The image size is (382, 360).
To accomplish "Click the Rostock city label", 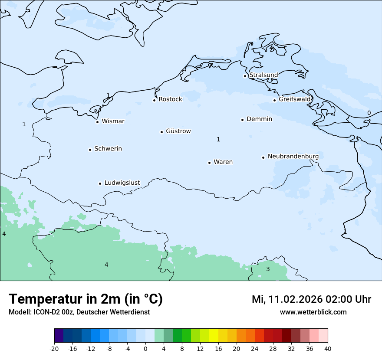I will click(170, 99).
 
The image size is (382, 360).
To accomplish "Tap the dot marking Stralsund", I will click(245, 76).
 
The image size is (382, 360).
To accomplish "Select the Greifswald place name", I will click(295, 99).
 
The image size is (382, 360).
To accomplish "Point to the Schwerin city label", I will click(108, 149).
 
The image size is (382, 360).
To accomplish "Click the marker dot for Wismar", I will click(97, 122).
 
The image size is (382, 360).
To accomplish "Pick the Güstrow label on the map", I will click(178, 131).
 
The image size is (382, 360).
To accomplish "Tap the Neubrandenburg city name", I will click(293, 156).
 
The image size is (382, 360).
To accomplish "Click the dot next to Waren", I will click(209, 163).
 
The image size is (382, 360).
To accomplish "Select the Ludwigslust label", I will click(122, 183).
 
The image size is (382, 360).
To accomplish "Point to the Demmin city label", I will click(259, 119).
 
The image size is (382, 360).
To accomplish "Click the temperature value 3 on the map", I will click(268, 269).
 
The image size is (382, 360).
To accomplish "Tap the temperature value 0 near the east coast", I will click(369, 113).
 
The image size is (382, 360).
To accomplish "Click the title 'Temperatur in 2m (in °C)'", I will click(86, 299).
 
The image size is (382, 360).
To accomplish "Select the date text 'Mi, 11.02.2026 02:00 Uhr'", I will click(311, 299).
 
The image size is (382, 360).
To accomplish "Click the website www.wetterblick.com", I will click(313, 312).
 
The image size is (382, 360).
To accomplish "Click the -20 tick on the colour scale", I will click(54, 348).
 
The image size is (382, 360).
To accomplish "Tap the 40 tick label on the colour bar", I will click(328, 348).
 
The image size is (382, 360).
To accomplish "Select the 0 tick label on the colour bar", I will click(145, 348).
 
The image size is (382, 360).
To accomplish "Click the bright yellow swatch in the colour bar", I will click(214, 336).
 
